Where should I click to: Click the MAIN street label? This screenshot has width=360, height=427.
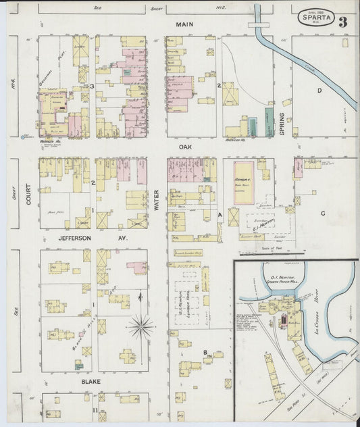(180, 24)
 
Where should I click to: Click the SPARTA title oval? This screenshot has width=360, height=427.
(316, 18)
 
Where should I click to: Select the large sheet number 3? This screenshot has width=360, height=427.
(342, 22)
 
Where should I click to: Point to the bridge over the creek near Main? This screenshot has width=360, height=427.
(258, 24)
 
